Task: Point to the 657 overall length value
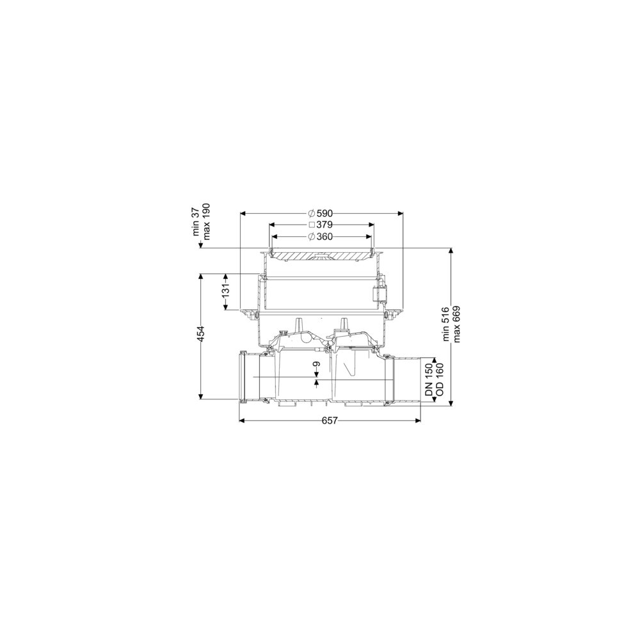[330, 420]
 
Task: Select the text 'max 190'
[207, 221]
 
